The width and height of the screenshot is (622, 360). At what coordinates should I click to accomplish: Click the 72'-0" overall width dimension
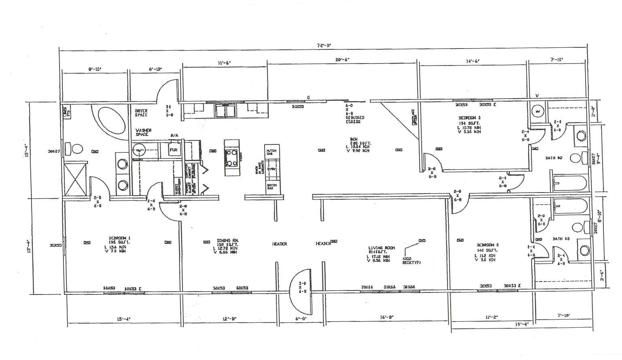pyautogui.click(x=324, y=45)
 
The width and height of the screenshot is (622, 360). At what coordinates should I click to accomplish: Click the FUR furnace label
pyautogui.click(x=174, y=150)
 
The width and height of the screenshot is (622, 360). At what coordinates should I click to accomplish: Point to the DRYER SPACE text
pyautogui.click(x=141, y=112)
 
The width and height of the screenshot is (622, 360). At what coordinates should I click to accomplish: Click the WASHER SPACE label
pyautogui.click(x=144, y=132)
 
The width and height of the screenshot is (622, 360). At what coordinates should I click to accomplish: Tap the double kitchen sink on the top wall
pyautogui.click(x=226, y=110)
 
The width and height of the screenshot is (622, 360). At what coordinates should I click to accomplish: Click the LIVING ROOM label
pyautogui.click(x=381, y=248)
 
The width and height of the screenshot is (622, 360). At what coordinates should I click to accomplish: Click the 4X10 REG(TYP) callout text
pyautogui.click(x=411, y=260)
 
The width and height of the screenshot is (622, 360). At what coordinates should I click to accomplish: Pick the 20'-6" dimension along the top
pyautogui.click(x=342, y=59)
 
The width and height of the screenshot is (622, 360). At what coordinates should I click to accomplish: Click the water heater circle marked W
pyautogui.click(x=538, y=110)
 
